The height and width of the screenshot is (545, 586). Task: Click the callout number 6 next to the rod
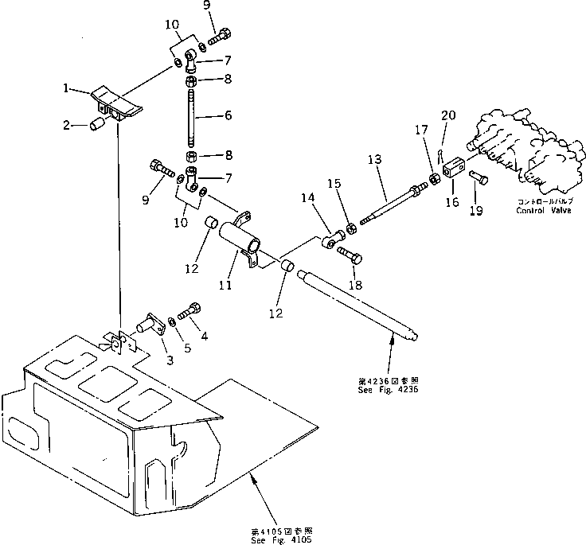pos(227,116)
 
